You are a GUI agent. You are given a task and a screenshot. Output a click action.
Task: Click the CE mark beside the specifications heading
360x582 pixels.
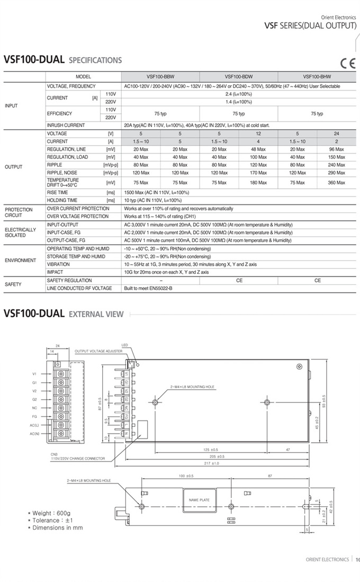coord(347,64)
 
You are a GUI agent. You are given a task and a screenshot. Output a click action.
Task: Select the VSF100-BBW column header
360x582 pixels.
coord(160,77)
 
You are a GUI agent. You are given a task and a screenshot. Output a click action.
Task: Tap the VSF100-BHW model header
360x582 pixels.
coord(317,77)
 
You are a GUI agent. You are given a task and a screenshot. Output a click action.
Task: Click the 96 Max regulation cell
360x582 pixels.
coord(337,150)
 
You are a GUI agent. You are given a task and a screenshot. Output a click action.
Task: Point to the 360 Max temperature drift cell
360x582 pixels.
coord(337,183)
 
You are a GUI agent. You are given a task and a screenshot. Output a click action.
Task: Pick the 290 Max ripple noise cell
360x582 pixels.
coord(337,173)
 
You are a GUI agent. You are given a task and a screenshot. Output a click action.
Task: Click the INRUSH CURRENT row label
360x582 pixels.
coord(66,125)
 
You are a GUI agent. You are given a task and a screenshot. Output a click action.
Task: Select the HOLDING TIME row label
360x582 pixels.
coord(62,200)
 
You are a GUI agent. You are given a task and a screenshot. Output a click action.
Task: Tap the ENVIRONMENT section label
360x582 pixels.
coord(20,261)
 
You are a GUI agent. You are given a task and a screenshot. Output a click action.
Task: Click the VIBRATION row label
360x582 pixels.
coord(58,264)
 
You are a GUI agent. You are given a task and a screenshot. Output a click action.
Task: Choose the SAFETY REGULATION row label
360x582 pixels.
coord(69,280)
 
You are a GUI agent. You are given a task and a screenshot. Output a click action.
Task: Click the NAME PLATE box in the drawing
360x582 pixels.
coord(199,499)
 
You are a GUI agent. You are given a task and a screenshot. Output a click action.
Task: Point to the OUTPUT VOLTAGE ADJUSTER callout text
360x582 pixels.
coord(98,351)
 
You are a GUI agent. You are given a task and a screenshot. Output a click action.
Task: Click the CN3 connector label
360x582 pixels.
coord(54,454)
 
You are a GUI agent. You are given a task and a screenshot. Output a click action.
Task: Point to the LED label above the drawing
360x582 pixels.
coord(125,345)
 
